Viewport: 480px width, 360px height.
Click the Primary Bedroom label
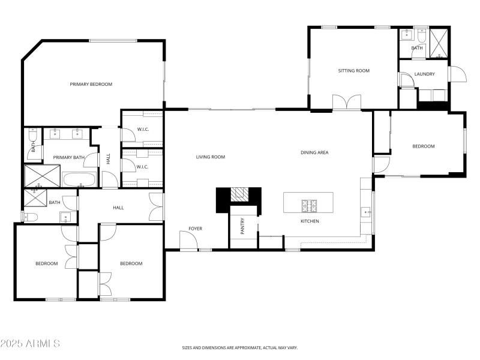91,85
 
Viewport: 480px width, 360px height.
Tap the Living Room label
211,157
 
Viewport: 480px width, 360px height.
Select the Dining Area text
314,152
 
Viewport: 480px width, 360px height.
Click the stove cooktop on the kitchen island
310,206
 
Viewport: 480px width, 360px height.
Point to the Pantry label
243,226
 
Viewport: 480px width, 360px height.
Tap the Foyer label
196,229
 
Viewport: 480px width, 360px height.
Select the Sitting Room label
354,71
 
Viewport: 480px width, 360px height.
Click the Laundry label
424,74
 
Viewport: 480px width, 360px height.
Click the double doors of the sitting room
347,102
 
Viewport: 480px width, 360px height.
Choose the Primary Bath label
69,158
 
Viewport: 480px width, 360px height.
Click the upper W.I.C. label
143,129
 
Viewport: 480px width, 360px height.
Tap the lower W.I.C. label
142,167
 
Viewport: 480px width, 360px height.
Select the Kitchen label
310,221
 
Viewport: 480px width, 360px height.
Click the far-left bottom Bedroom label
46,264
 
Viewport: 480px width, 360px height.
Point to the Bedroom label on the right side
423,146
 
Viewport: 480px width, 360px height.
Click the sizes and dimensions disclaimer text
240,347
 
